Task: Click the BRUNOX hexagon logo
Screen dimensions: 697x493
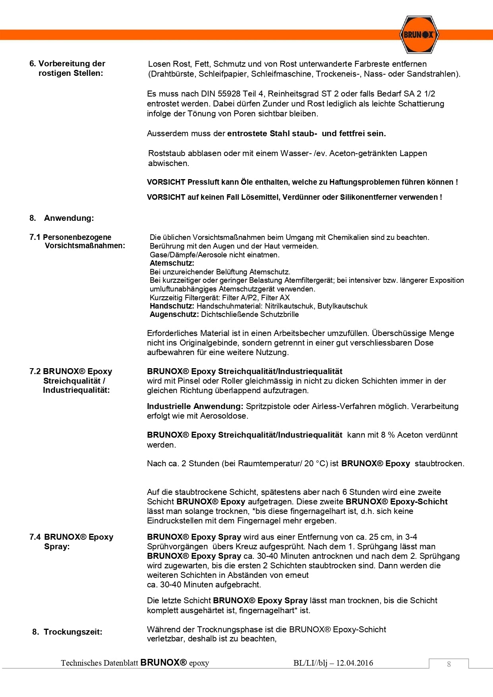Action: (x=418, y=35)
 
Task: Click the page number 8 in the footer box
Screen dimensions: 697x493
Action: (x=449, y=664)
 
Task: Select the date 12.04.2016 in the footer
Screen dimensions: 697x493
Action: (x=355, y=663)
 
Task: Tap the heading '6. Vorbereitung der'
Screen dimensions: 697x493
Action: (x=67, y=64)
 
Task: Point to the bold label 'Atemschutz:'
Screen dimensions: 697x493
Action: (x=172, y=263)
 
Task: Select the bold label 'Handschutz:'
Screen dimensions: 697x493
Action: (x=172, y=306)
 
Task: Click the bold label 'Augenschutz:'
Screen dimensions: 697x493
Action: (x=174, y=315)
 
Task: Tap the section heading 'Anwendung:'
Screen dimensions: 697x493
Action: (x=69, y=218)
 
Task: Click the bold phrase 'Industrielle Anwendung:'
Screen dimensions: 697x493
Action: (x=195, y=406)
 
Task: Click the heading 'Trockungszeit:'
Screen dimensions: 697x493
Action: (x=73, y=632)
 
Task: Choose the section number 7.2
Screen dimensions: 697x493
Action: (x=35, y=371)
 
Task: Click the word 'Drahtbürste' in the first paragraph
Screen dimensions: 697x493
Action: (x=173, y=74)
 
